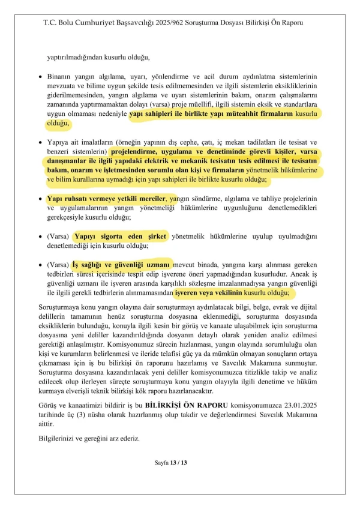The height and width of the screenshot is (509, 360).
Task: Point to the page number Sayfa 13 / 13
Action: [171, 463]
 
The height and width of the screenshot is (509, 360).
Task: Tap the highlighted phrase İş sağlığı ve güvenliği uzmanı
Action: [122, 264]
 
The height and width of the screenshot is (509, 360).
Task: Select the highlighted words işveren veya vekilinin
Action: [209, 292]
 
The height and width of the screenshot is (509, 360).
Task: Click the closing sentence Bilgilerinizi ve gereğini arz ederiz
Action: [89, 438]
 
